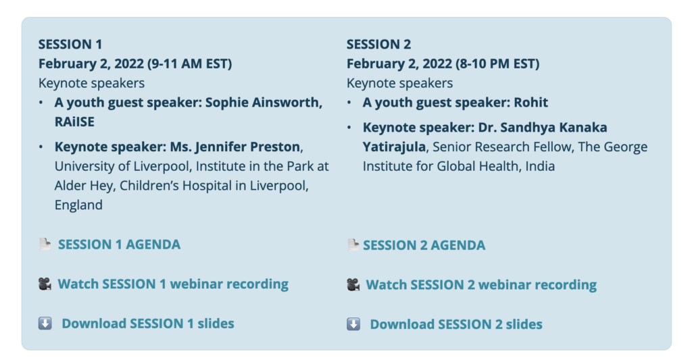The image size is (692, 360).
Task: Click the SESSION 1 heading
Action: (70, 44)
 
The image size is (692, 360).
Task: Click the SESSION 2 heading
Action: (378, 44)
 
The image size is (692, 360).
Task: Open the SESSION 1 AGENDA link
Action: (119, 245)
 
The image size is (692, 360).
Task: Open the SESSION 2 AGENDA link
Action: (424, 245)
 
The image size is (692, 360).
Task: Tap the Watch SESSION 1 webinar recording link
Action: (173, 284)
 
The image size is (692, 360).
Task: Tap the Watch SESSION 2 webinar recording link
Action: (481, 284)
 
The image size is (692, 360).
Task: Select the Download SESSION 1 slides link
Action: (148, 324)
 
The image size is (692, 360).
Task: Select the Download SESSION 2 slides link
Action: (456, 324)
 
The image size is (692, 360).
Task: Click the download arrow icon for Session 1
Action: (45, 324)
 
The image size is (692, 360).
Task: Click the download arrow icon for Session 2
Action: (353, 324)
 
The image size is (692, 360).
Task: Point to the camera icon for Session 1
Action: (45, 284)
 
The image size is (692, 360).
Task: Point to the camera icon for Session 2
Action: (353, 284)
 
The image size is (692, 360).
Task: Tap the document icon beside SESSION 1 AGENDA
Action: (45, 244)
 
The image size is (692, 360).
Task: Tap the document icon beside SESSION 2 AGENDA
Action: (353, 245)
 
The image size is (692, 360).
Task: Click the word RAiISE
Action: (74, 122)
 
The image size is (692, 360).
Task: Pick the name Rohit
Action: (531, 103)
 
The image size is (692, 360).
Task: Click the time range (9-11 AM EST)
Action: (190, 64)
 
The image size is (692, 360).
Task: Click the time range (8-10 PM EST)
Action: (498, 64)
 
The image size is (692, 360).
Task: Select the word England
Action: (78, 205)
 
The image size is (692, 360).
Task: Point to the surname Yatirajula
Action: (394, 147)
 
